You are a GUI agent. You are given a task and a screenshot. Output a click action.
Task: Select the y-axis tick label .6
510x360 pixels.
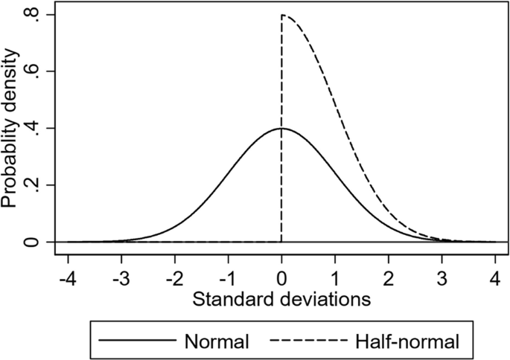coord(31,71)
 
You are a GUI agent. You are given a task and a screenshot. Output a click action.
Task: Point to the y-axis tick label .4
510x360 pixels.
coord(31,128)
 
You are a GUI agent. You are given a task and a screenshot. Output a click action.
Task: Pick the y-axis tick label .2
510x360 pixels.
coord(31,184)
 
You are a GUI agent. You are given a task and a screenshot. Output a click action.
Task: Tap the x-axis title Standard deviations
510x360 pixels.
coord(281,301)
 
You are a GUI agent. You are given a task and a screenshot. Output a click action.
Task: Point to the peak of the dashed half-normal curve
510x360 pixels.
coord(282,15)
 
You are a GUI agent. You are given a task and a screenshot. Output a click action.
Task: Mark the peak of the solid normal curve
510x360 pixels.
coord(281,128)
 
